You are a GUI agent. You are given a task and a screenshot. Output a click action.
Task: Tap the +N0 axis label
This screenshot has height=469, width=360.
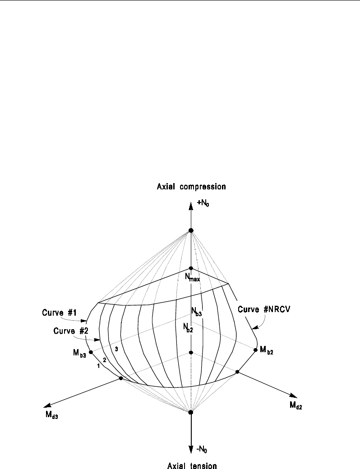coord(203,204)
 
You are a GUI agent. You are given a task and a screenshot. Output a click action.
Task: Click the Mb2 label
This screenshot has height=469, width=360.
coord(267,350)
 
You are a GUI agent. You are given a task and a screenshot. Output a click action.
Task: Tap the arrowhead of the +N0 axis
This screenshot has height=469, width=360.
coord(191,204)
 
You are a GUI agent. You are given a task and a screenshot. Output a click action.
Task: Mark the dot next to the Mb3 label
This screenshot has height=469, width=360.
coord(91,352)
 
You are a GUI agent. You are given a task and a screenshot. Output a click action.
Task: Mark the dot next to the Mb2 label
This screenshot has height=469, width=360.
coord(256,349)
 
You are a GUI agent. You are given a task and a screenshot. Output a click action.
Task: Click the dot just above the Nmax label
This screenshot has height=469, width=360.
coord(191,268)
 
